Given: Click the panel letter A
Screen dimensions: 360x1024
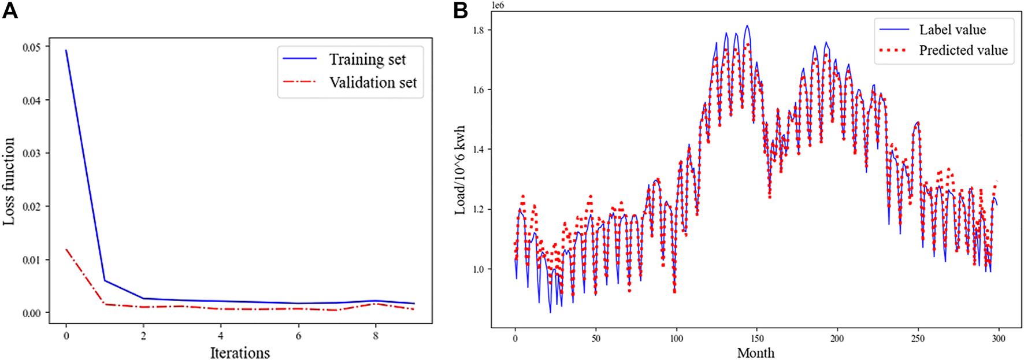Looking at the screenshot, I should coord(10,10).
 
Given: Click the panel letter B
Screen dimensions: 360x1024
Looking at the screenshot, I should coord(461,10).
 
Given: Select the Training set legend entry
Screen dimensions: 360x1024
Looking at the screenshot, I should coord(367,60).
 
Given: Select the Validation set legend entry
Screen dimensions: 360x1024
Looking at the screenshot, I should coord(373,83).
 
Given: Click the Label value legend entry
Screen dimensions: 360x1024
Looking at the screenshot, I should coord(952,29).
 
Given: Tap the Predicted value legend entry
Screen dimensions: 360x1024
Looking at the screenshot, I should coord(963,50).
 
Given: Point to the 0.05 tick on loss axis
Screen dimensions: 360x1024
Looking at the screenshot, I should coord(32,47).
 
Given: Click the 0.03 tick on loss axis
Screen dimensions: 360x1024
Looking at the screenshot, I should coord(32,153).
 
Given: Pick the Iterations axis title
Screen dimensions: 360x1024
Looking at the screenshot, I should coord(240,352).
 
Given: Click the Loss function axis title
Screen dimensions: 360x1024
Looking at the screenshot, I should coord(9,181).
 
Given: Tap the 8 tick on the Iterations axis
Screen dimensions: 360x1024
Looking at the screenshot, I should coord(376,336).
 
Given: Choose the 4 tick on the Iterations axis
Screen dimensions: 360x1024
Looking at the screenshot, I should coord(221,336).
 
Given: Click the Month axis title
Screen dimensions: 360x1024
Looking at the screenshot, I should coord(755,352).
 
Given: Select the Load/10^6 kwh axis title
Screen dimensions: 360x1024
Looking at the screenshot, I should coord(460,170).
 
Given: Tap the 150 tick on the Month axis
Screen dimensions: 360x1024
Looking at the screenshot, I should coord(757,339).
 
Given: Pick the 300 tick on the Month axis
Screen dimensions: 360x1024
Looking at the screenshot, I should coord(999,339).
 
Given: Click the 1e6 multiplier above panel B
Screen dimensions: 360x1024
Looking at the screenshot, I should coord(498,5).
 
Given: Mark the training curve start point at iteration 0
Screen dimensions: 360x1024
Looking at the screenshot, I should coord(66,51).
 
